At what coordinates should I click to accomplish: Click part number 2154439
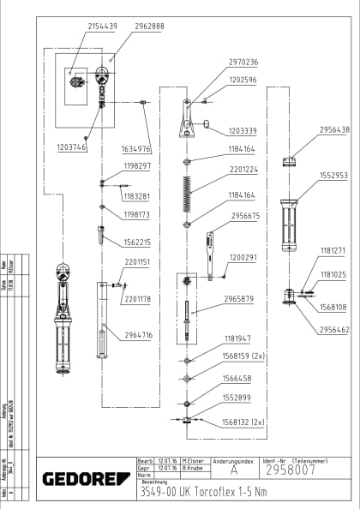tap(103, 27)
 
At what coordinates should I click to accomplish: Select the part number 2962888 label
tap(149, 27)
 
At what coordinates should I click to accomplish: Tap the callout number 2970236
tap(243, 62)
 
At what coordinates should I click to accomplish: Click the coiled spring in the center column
tap(186, 193)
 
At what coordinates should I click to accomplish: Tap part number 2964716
tap(137, 335)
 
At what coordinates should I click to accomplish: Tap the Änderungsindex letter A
tap(233, 470)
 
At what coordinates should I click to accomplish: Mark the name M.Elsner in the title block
tap(194, 461)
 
